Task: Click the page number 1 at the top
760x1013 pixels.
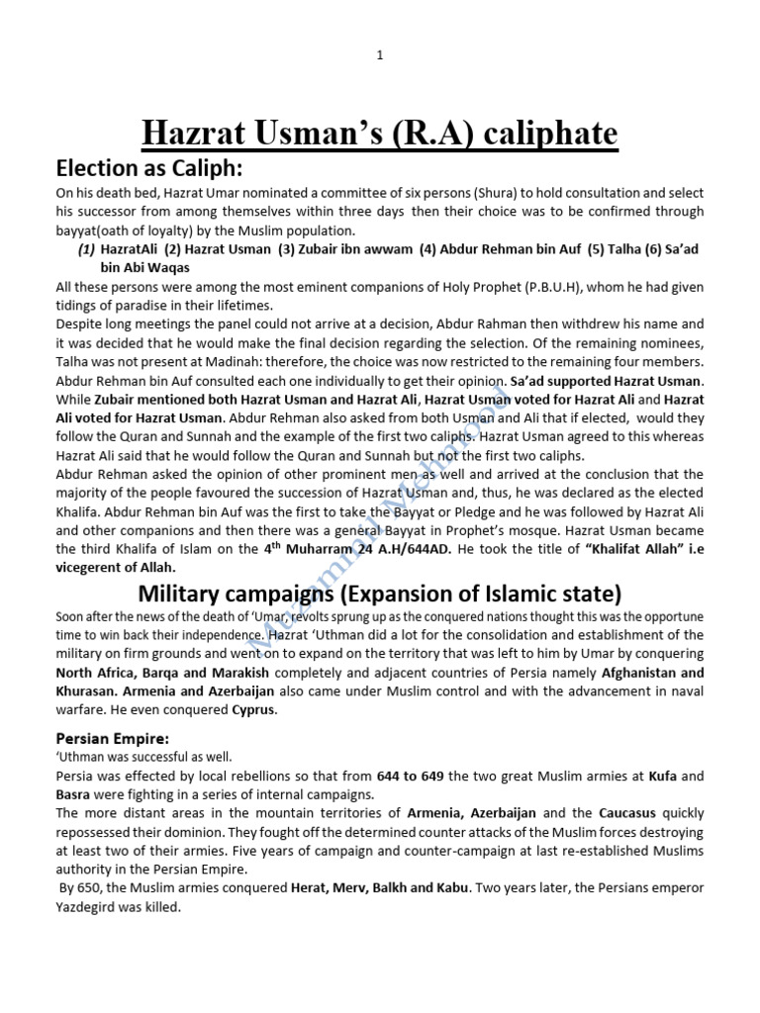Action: click(379, 55)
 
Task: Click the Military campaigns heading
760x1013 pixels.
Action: click(379, 594)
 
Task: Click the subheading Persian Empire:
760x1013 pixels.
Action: click(112, 738)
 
